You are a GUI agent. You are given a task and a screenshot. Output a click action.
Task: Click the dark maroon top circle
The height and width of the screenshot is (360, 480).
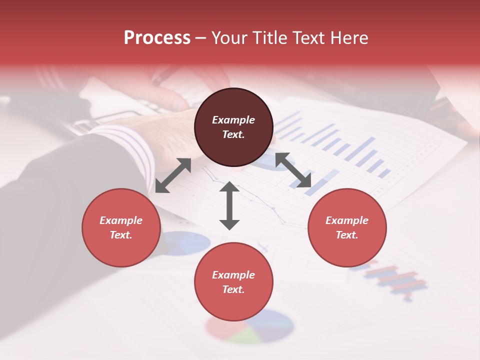(233, 127)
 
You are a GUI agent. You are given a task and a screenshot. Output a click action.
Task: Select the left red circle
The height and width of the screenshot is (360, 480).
(121, 227)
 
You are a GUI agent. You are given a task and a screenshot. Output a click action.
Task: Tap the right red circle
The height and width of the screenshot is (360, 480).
(347, 227)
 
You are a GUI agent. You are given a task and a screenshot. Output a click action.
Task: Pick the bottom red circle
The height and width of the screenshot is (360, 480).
(233, 282)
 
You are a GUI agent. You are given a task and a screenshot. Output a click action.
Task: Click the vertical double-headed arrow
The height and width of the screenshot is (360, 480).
(229, 205)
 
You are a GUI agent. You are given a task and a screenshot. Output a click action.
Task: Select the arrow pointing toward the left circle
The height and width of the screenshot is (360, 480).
(173, 175)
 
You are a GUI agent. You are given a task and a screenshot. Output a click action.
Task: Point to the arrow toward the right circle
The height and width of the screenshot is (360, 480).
(293, 170)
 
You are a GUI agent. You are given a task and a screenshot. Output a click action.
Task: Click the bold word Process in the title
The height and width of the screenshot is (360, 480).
(157, 37)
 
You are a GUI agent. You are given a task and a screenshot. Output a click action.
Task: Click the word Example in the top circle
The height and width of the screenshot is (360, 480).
(233, 120)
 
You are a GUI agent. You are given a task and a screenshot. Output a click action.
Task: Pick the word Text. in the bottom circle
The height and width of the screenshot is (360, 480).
(233, 289)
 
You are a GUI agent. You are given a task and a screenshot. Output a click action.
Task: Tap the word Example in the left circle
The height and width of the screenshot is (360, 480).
(121, 220)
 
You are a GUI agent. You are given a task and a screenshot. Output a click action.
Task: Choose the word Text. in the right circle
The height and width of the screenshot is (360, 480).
(347, 235)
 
